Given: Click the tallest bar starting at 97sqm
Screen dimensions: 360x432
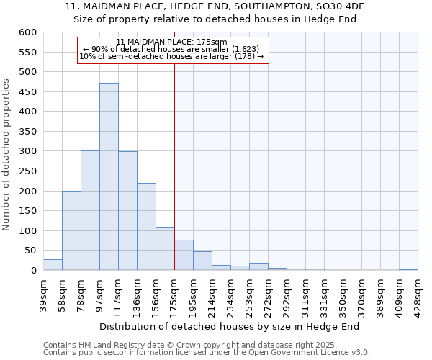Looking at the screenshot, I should click(109, 176).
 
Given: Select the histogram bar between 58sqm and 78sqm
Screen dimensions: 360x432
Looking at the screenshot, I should click(71, 230).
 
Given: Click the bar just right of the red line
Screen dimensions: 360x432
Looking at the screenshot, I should click(184, 255).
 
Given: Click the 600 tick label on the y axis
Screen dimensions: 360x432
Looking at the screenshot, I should click(27, 32).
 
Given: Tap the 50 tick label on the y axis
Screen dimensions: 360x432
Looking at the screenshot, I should click(30, 251).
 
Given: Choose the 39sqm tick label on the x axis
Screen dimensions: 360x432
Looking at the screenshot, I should click(43, 294).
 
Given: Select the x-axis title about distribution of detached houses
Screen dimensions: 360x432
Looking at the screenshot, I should click(230, 326).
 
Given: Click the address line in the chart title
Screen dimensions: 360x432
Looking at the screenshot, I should click(215, 6).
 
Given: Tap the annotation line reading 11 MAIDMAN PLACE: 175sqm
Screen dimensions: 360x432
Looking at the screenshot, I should click(171, 42).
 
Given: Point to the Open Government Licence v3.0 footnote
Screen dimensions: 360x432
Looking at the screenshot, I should click(206, 352).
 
